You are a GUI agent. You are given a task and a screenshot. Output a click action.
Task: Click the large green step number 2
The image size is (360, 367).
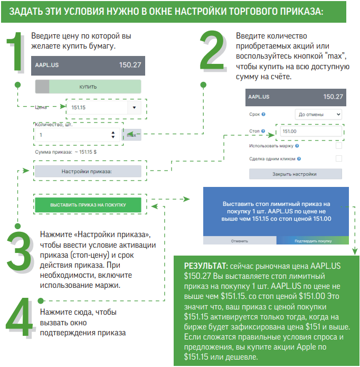pos(213,50)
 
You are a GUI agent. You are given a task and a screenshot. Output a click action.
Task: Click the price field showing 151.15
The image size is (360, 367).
pos(97,107)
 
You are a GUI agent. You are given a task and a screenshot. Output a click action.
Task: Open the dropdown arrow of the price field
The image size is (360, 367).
pos(134,107)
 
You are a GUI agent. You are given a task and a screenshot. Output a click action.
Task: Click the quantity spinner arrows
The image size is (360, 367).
pos(113,135)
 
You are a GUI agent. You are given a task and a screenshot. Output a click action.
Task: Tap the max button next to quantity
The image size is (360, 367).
pos(132,135)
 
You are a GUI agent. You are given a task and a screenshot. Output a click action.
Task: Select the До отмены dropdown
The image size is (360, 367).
pos(318,115)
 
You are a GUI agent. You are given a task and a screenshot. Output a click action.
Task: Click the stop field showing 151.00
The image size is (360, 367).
pos(311,131)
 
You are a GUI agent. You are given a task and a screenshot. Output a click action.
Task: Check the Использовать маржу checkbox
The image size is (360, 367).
pos(339,146)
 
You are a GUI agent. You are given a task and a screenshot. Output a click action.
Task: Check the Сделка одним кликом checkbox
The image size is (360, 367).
pos(339,158)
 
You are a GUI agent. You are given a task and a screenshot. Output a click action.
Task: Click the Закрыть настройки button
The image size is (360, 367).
pos(296,174)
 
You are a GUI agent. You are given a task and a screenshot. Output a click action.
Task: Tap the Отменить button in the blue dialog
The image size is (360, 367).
pos(240,240)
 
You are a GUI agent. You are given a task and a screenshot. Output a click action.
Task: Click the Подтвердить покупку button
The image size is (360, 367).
pos(312,240)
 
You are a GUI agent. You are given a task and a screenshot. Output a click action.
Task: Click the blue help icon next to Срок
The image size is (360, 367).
pos(263,114)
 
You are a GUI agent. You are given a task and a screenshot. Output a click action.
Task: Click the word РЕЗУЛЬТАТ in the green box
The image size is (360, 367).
pos(206,266)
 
